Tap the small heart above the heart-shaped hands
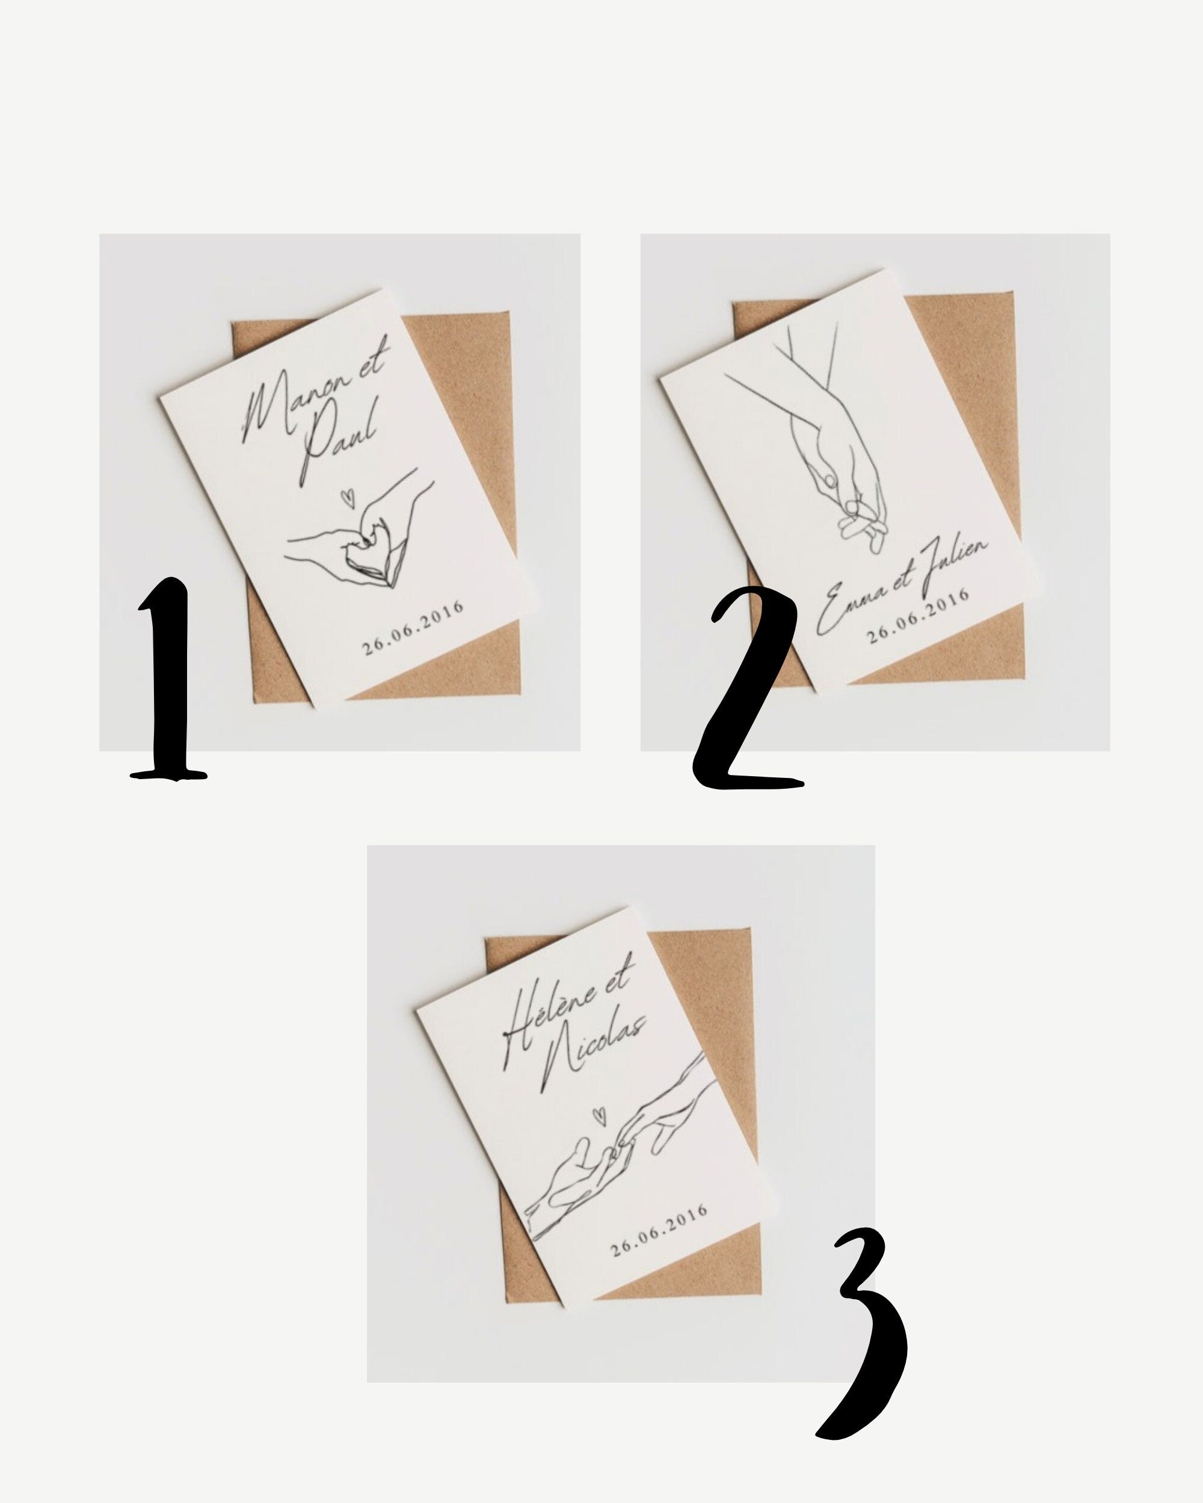[345, 498]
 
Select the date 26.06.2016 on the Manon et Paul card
[413, 628]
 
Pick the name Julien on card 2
[954, 565]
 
